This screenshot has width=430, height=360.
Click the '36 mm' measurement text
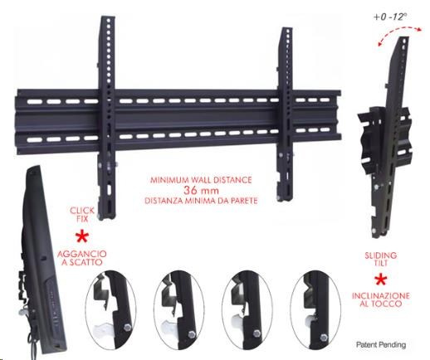coord(201,190)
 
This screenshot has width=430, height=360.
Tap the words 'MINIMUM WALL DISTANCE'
coord(201,180)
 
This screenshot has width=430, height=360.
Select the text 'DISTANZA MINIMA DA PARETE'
coord(201,201)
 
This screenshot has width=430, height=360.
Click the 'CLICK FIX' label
coord(82,215)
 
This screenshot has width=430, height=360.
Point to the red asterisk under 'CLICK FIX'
coord(82,237)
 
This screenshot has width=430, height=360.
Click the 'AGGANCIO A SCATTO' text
coord(82,258)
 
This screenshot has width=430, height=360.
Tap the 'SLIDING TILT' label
coord(381,259)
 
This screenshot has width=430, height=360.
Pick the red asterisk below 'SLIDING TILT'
coord(381,280)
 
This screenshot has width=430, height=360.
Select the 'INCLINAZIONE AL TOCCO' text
coord(381,299)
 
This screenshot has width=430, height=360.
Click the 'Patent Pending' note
coord(381,345)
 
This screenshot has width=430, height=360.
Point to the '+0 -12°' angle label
coord(390,17)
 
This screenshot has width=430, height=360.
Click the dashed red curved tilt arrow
coord(400,28)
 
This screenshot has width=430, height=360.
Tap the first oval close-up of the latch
coord(110,311)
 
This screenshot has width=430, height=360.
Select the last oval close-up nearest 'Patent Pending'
coord(315,311)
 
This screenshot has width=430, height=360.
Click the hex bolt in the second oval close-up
coord(192,334)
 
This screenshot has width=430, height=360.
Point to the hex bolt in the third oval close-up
coord(256,333)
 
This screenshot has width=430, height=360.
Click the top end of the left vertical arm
coord(108,17)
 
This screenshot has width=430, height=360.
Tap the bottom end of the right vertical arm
coord(286,200)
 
